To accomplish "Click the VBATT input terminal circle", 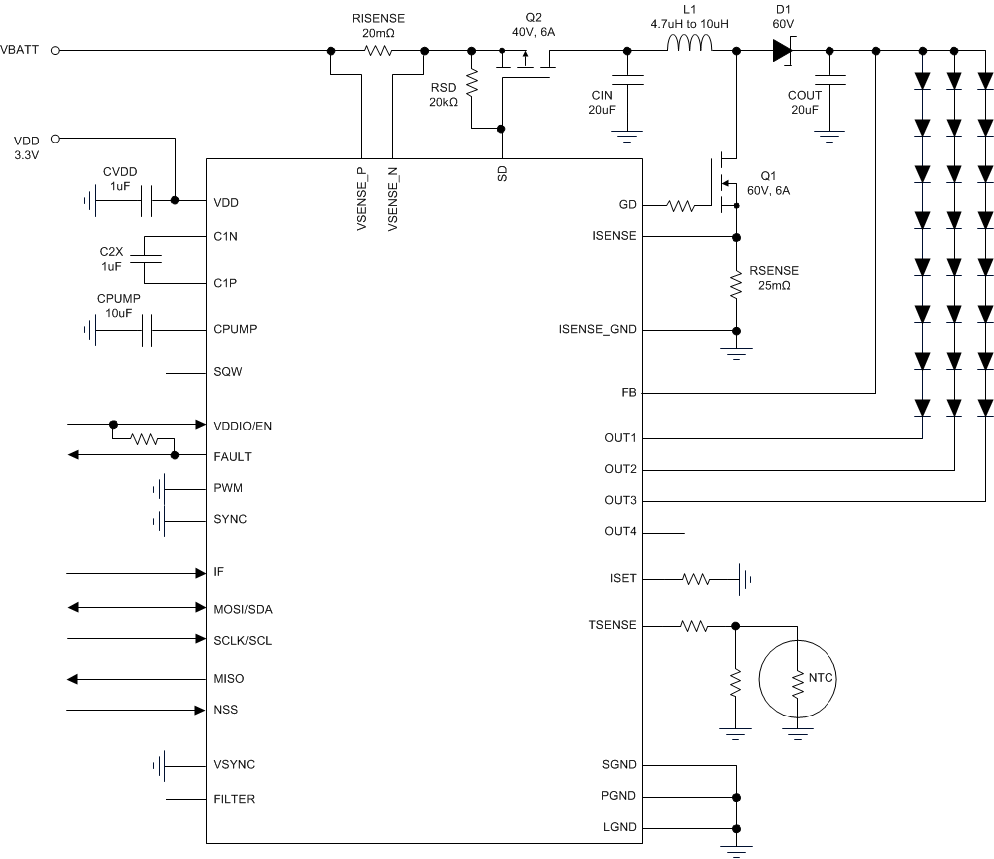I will [x=56, y=50].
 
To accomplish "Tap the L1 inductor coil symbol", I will [x=689, y=44].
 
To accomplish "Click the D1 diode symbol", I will [x=782, y=50].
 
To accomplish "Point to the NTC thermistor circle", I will [x=797, y=678].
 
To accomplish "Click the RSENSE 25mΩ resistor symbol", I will [x=736, y=286].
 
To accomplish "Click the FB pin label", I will [x=628, y=394].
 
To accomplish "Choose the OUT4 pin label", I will [x=620, y=532].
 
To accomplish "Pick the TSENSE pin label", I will [x=613, y=626].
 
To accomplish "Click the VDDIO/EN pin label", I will [x=242, y=426].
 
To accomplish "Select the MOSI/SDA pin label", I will [x=243, y=608].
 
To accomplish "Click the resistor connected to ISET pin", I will [x=695, y=579].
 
